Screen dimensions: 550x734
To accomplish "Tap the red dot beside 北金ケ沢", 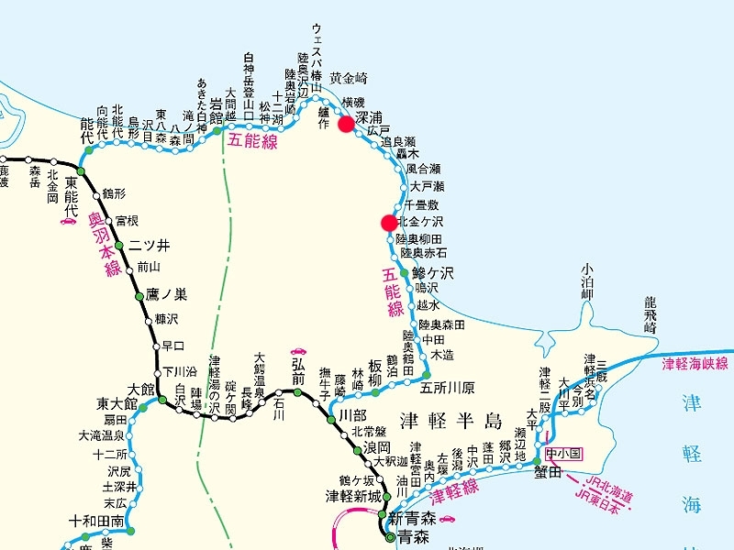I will pos(389,222).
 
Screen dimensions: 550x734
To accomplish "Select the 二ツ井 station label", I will pos(150,246).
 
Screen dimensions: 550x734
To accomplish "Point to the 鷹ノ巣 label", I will pos(166,294).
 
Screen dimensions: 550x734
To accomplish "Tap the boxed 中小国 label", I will pos(563,454).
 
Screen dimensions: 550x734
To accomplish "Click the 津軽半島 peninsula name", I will pos(452,421).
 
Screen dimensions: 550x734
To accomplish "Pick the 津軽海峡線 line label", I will pos(695,364).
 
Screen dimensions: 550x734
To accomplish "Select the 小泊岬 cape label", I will pos(587,282).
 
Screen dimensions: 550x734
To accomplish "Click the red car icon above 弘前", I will pos(297,351).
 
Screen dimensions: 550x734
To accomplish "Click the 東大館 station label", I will pos(117,403).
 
